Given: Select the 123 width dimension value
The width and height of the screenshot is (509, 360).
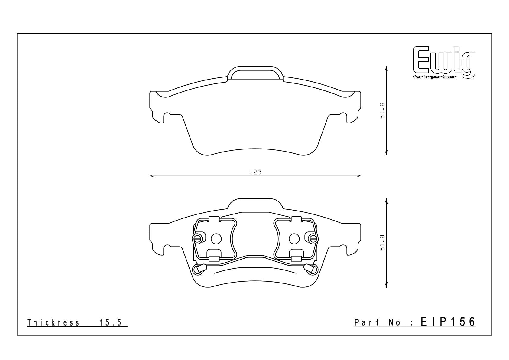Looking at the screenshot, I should tap(255, 172).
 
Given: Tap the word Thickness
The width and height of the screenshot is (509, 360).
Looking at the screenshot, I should tap(53, 322).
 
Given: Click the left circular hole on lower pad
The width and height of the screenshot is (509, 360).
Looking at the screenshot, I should tap(216, 239).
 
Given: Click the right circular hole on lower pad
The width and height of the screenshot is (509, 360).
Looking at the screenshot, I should tap(294, 239).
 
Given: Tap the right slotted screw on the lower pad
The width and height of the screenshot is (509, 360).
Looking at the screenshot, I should tap(312, 238).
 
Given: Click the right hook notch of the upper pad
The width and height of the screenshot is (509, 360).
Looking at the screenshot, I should tap(344, 116).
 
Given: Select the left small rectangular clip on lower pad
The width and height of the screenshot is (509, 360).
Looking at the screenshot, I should tap(214, 258).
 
